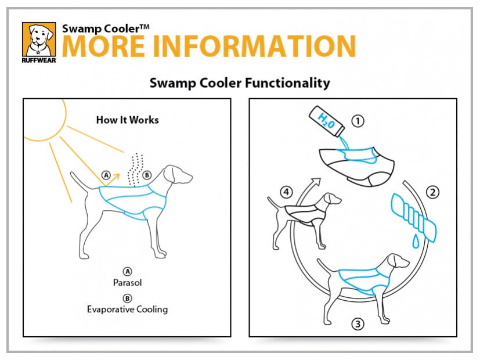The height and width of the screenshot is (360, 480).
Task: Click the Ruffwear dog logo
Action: tap(39, 42)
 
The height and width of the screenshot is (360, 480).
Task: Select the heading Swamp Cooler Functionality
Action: tap(240, 82)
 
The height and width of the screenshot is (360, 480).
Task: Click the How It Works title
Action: tap(127, 120)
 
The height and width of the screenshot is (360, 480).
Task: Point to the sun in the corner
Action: tap(46, 120)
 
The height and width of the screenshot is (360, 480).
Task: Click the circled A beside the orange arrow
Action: tap(106, 175)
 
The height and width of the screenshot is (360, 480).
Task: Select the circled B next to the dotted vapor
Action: tap(147, 175)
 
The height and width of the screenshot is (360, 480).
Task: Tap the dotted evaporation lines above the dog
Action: tap(136, 170)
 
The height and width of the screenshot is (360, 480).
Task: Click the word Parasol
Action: tap(127, 282)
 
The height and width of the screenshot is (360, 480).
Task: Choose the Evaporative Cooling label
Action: tap(127, 309)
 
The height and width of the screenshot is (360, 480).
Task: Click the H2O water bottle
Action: tap(327, 121)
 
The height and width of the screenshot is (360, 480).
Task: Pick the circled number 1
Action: tap(358, 121)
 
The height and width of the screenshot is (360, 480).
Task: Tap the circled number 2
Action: tap(432, 192)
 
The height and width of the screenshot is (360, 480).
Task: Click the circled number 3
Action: tap(358, 323)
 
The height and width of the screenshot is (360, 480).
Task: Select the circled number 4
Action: tap(286, 192)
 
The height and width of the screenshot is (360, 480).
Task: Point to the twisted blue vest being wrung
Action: tap(413, 217)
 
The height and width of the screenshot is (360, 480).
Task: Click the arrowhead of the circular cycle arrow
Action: tap(316, 182)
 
